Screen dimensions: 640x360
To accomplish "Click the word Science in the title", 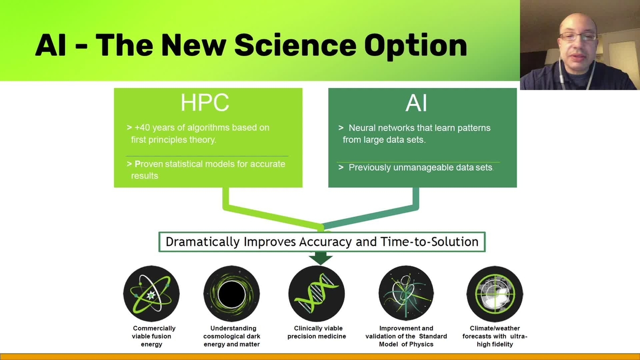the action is coord(295,45).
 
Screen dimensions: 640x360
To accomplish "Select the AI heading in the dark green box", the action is coord(416,103).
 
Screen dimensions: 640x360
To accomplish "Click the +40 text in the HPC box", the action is coord(142,127).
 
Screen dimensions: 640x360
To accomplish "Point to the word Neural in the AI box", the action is coord(362,127).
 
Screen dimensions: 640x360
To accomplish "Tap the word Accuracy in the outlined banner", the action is coord(325,242).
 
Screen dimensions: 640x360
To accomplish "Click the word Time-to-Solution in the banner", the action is coord(429,242).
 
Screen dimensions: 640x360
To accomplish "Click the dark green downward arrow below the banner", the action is coord(321,258).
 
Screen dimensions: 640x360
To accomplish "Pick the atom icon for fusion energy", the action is coord(151,293).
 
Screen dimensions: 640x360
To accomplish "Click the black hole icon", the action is coord(231,293).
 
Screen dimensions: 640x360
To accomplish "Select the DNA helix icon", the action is coord(317,293).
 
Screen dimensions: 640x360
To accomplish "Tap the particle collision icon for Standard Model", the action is coord(406,293).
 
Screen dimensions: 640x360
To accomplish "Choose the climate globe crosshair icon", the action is coord(495,294).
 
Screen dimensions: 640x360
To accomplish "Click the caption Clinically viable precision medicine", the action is coord(317,332).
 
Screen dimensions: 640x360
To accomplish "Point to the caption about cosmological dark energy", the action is coord(231,337).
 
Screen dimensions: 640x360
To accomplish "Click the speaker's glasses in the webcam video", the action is coord(578,37).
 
